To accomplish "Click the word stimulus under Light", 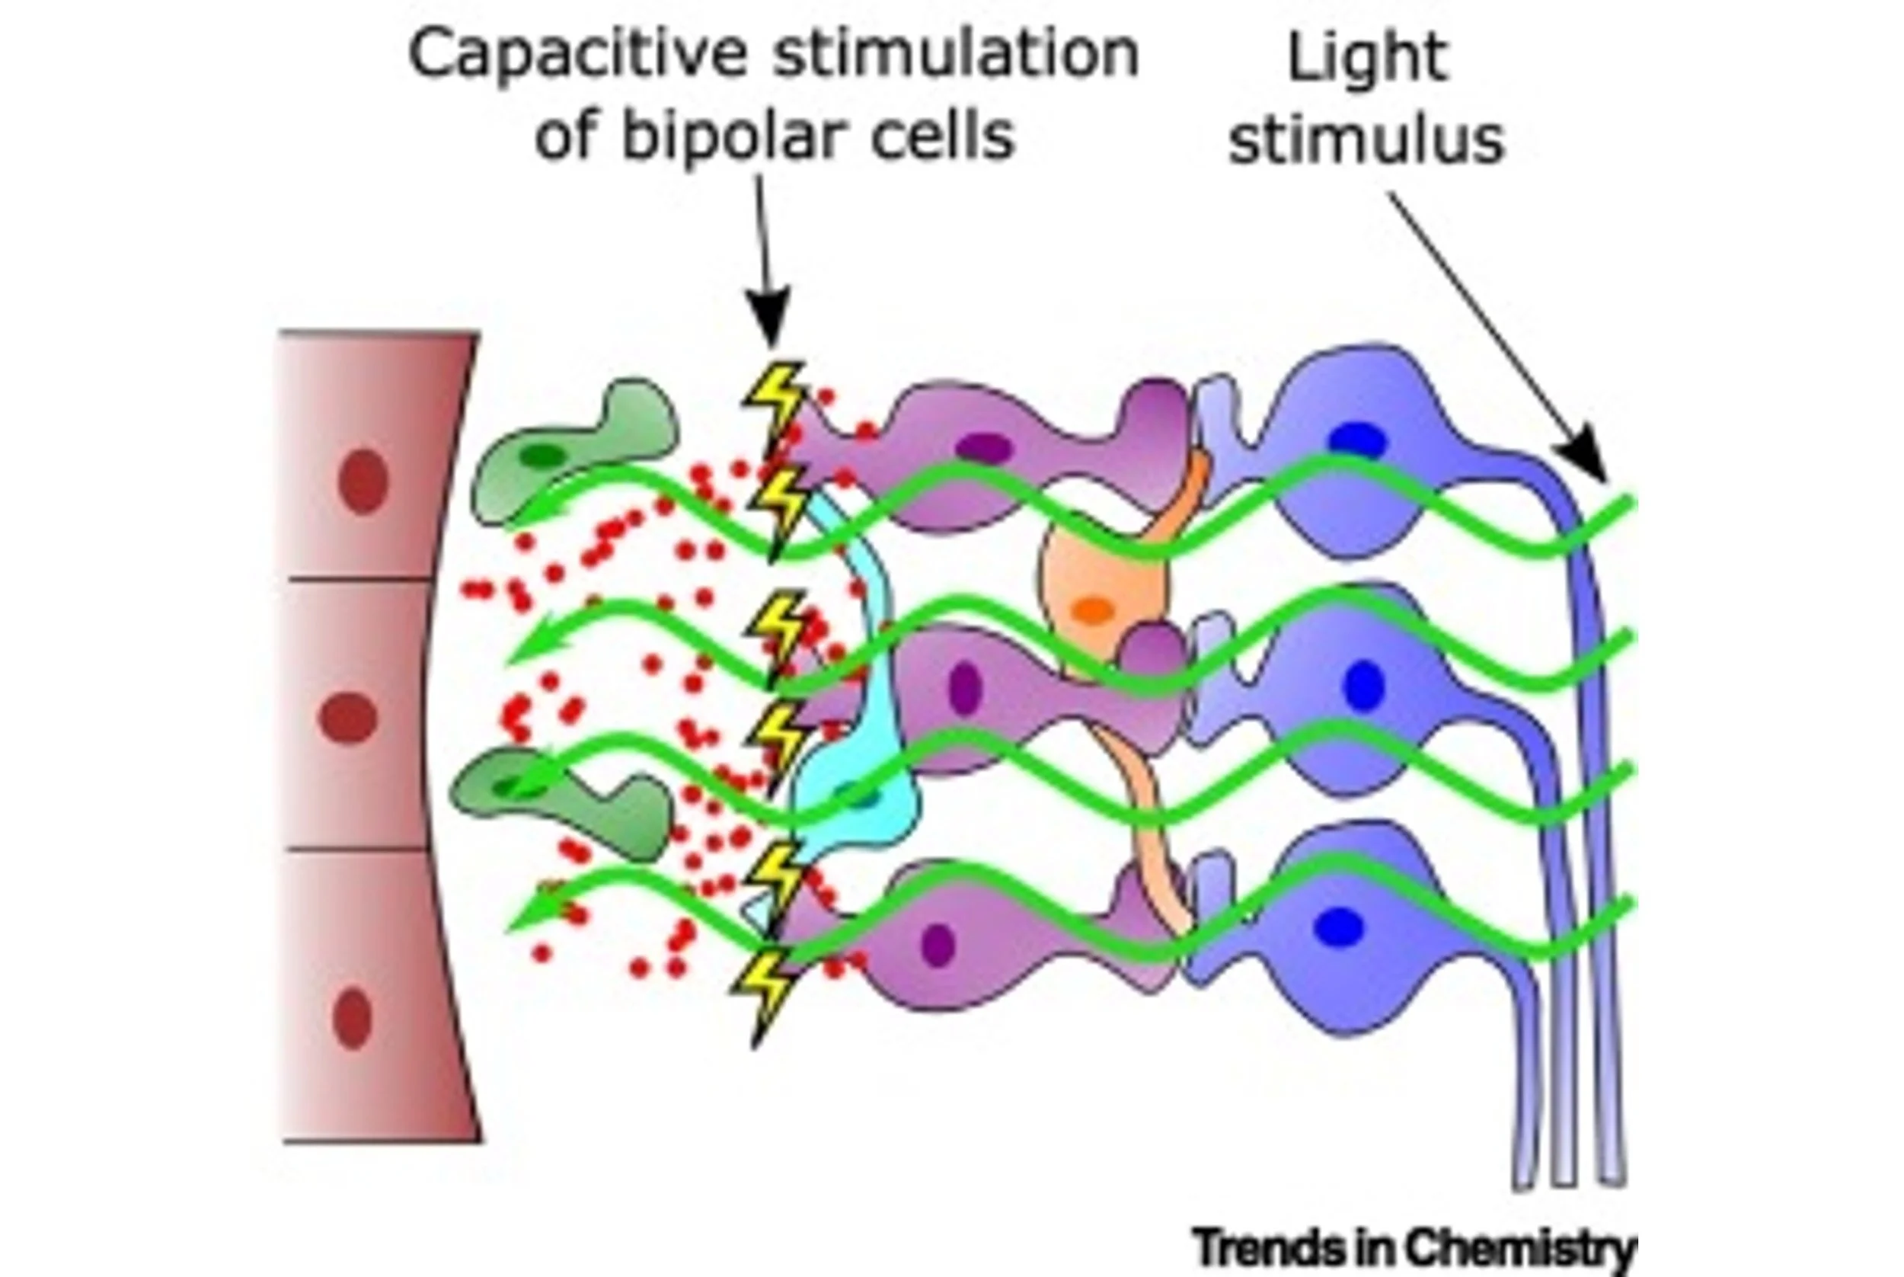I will tap(1366, 140).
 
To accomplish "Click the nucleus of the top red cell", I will tap(363, 482).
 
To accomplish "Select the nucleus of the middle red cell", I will tap(347, 718).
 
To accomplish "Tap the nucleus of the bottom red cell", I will tap(352, 1018).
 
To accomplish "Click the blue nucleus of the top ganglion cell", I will tap(1357, 441).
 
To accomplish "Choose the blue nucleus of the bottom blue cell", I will tap(1339, 927).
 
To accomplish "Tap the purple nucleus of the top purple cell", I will tap(983, 447).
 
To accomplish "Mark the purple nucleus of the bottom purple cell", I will tap(938, 944).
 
